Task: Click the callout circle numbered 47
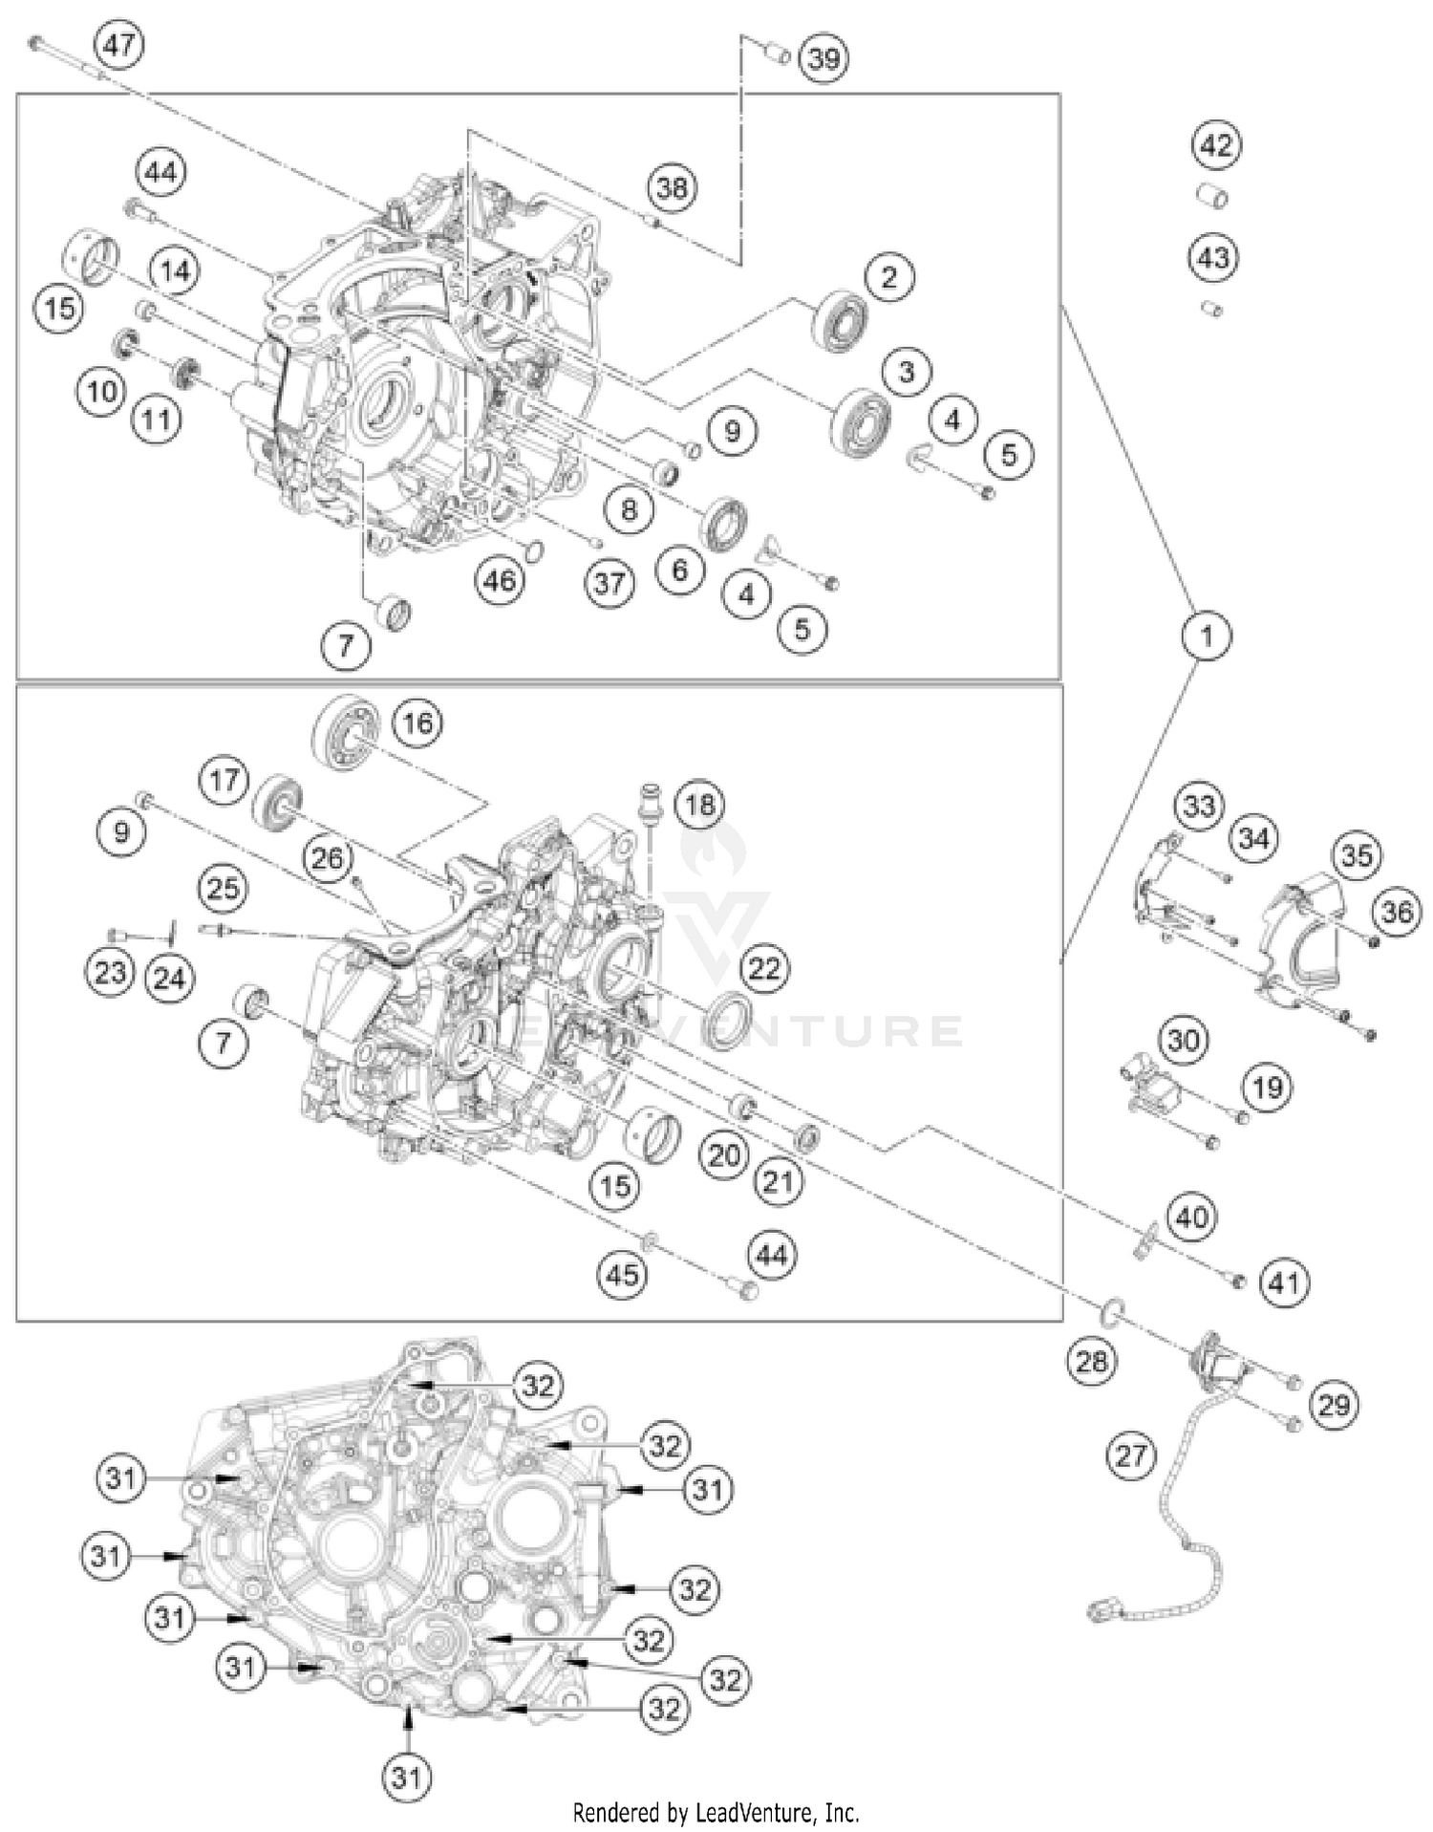click(x=120, y=45)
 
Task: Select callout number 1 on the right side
click(x=1207, y=636)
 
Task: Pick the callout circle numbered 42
click(x=1215, y=145)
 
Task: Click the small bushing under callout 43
click(x=1212, y=309)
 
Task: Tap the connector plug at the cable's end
click(x=1101, y=1609)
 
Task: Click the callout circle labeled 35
click(x=1356, y=855)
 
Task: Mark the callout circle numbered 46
click(x=500, y=579)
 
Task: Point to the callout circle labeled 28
click(x=1091, y=1361)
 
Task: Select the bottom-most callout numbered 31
click(x=407, y=1777)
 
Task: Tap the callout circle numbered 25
click(x=223, y=888)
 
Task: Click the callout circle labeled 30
click(x=1184, y=1039)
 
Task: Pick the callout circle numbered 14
click(x=175, y=271)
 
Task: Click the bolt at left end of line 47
click(x=37, y=42)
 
